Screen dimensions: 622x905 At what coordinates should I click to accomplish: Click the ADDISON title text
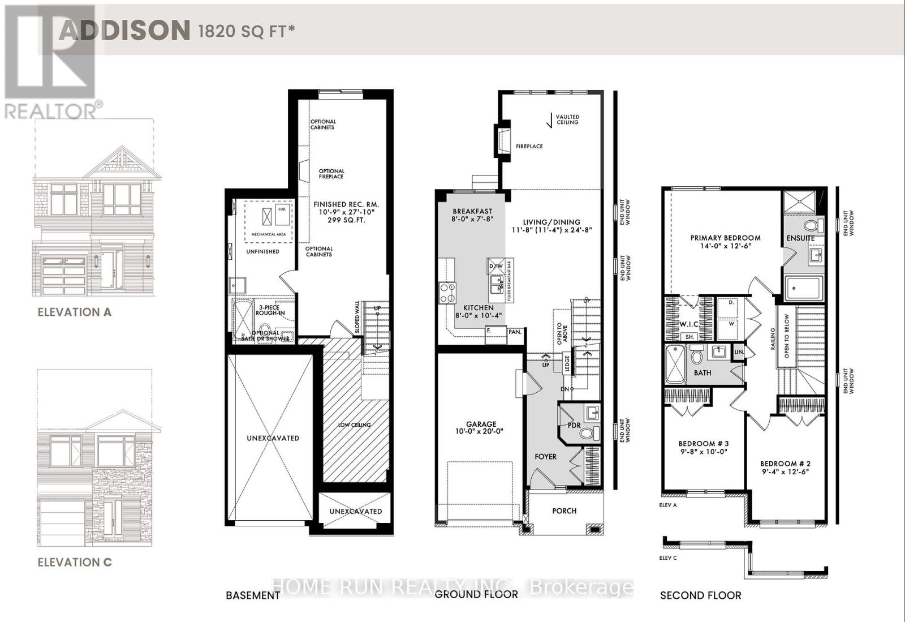pos(124,29)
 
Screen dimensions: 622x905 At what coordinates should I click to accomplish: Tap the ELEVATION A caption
pos(74,312)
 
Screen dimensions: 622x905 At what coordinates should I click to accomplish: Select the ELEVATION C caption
pos(74,562)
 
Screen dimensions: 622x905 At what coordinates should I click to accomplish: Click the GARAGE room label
pos(481,424)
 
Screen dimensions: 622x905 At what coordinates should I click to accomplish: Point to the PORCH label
pos(564,511)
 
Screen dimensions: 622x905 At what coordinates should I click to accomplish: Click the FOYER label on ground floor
pos(545,456)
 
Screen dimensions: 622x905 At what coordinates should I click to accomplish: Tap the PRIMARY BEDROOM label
pos(725,238)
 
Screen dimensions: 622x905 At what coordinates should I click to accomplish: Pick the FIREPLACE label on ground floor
pos(529,146)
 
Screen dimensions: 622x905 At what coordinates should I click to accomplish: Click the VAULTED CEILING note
pos(567,119)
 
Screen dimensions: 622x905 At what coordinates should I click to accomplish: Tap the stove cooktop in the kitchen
pos(447,291)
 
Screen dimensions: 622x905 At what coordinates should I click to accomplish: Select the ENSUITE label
pos(800,238)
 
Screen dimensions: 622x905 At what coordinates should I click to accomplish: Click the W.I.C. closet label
pos(688,324)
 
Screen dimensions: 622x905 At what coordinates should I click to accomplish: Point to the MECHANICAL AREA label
pos(268,234)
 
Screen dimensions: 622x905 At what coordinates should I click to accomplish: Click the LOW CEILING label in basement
pos(355,424)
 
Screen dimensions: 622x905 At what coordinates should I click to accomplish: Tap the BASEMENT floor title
pos(252,595)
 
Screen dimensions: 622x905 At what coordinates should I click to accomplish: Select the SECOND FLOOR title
pos(700,595)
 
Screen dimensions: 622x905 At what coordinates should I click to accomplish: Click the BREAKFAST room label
pos(472,211)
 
